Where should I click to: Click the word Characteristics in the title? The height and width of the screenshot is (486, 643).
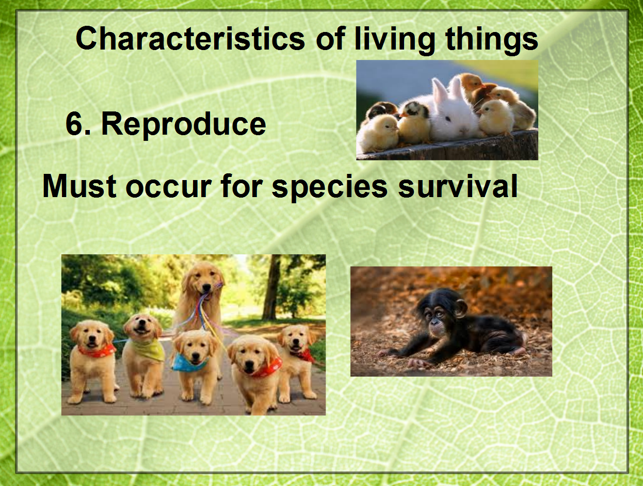coord(190,39)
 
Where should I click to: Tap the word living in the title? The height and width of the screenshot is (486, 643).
coord(394,41)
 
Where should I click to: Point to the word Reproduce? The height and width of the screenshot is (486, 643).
coord(184,125)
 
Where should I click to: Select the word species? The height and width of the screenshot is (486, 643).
coord(330,189)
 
